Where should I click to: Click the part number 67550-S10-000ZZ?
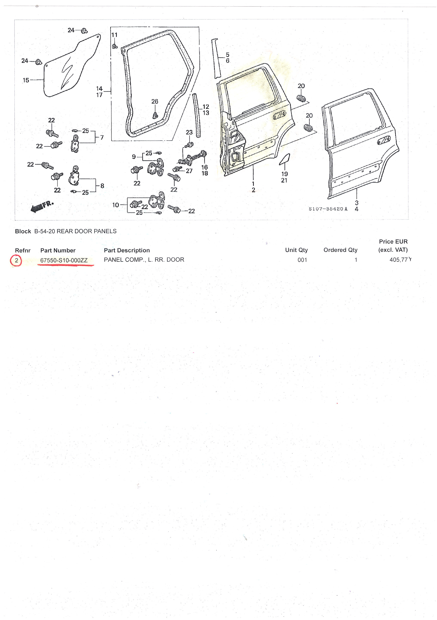(64, 261)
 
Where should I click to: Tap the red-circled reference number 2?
(16, 261)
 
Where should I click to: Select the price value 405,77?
(398, 260)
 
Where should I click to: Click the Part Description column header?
(127, 250)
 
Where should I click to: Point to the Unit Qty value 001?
(302, 260)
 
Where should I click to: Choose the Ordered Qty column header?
(340, 250)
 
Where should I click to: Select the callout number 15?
(26, 80)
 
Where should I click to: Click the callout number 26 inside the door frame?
(155, 101)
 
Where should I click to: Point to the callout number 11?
(115, 35)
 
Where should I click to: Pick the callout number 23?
(189, 132)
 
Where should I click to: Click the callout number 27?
(189, 171)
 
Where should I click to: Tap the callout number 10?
(116, 205)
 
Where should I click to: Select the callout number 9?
(134, 157)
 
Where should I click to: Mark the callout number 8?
(102, 186)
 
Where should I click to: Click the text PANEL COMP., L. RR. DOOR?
(144, 260)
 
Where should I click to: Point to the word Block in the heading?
(23, 231)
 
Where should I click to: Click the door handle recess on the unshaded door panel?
(384, 140)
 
